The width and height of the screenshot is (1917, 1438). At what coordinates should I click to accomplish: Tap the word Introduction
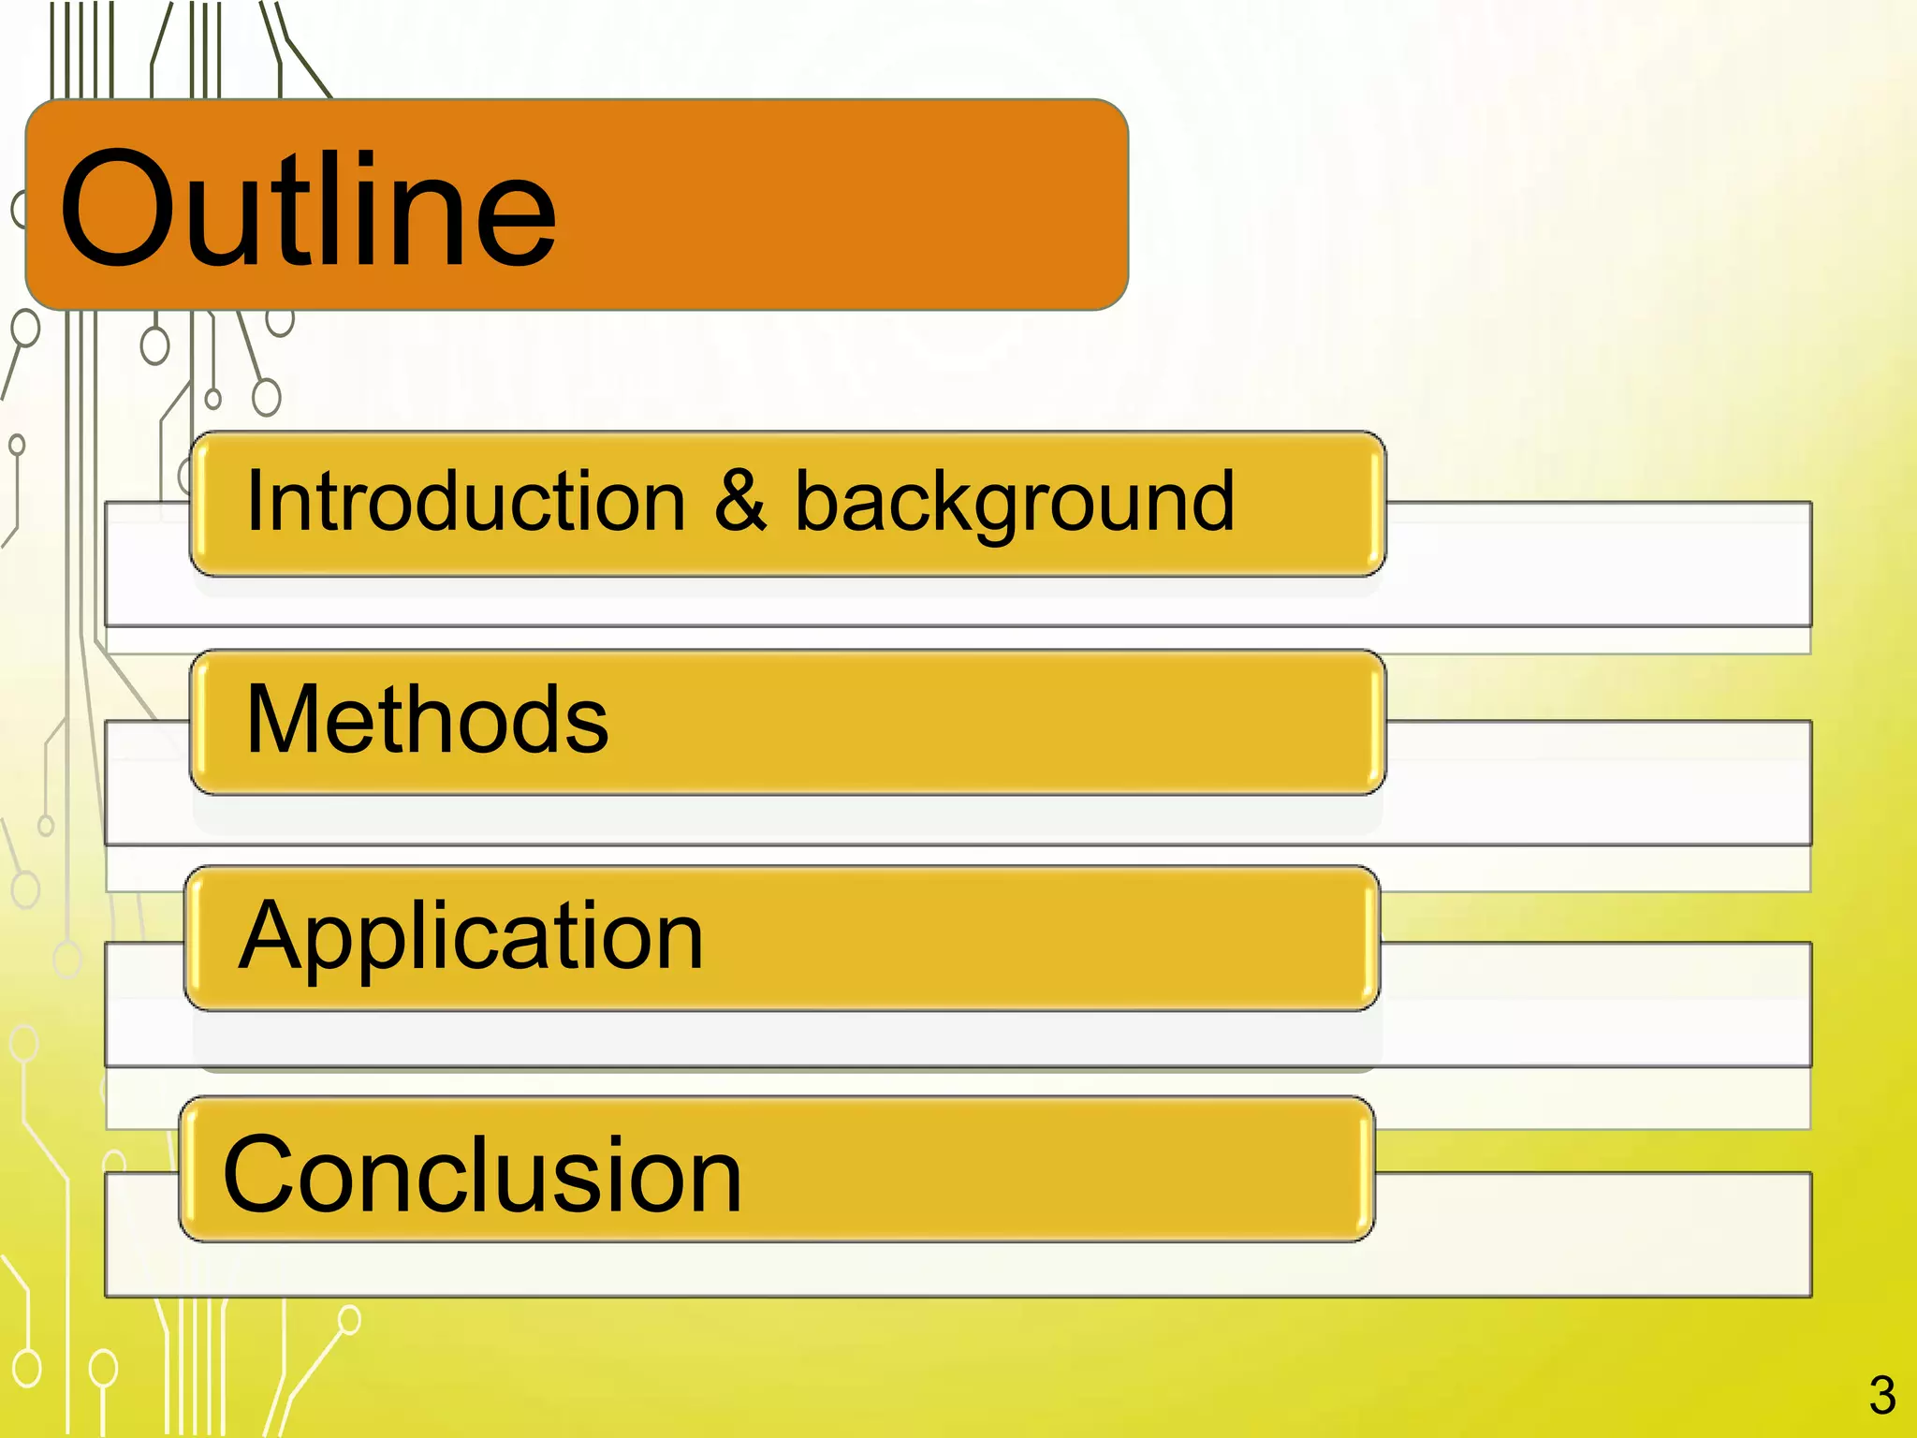click(465, 503)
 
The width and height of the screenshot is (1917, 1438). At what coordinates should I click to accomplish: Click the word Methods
click(427, 719)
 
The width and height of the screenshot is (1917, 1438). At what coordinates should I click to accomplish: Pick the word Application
click(471, 937)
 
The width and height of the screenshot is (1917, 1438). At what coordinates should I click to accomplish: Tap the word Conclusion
click(482, 1175)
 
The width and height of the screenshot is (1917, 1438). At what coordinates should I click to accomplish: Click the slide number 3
click(1881, 1396)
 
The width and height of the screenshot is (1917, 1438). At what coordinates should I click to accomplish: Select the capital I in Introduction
click(254, 502)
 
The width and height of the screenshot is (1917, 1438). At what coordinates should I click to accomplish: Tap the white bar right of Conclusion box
click(1591, 1234)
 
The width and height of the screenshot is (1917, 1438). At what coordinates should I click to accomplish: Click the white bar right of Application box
click(1591, 1004)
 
